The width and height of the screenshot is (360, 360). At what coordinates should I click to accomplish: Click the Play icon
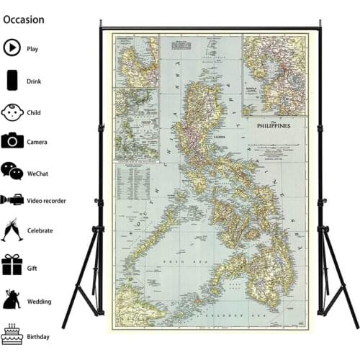coord(12,48)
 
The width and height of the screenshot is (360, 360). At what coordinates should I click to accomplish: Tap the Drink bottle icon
coord(12,80)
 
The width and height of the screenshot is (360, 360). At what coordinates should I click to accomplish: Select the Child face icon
coord(12,112)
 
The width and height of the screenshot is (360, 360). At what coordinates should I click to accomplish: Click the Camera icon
coord(12,141)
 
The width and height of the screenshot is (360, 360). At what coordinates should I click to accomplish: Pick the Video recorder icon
coord(12,199)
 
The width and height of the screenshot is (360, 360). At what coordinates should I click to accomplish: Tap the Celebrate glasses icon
coord(12,230)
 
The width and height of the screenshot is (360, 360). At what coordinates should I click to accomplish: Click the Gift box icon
coord(12,264)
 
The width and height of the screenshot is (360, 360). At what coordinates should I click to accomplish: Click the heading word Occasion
coord(24,19)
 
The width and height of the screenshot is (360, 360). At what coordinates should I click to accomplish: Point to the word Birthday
coord(39,337)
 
